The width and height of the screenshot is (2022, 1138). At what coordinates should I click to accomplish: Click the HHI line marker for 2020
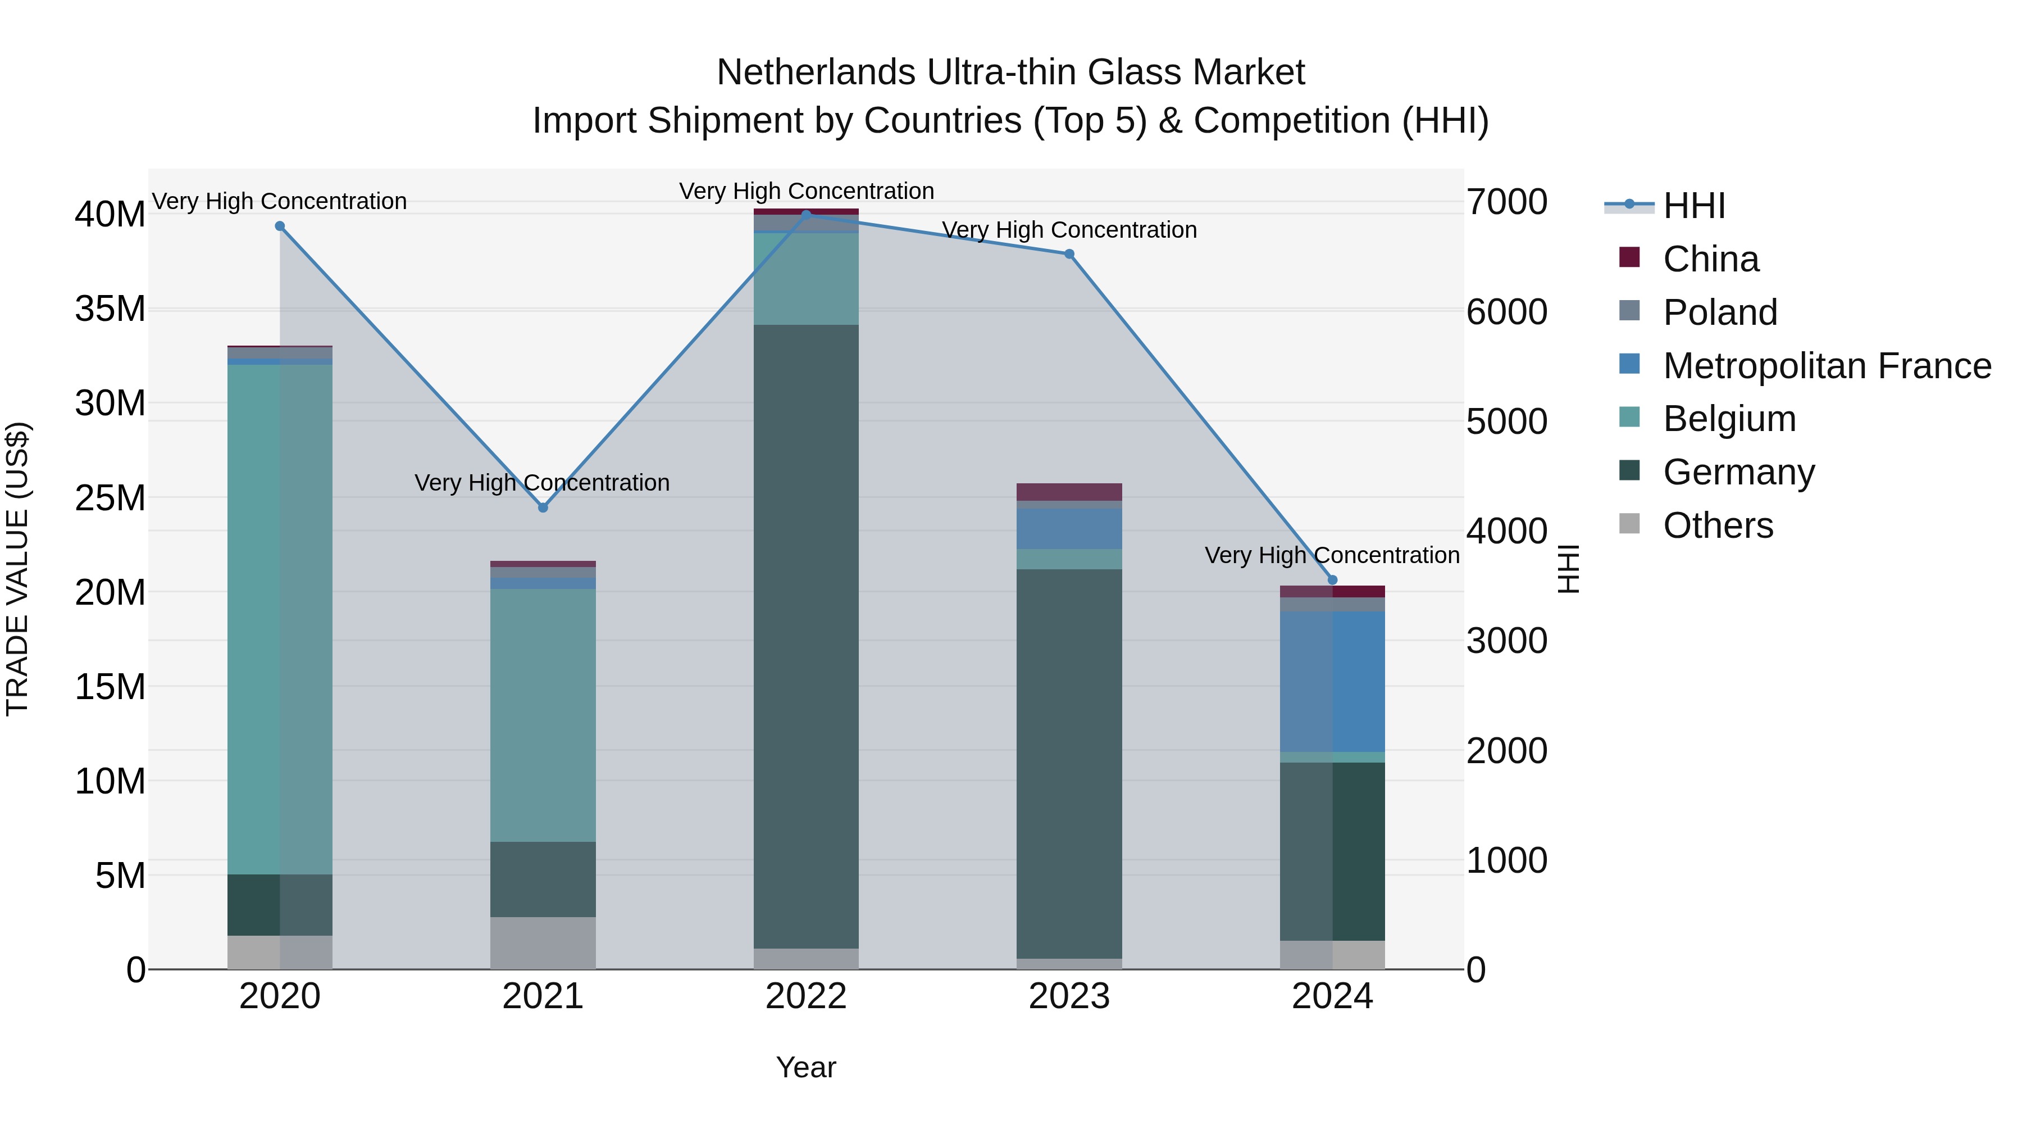pyautogui.click(x=280, y=226)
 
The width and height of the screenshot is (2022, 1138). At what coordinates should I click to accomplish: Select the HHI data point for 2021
pyautogui.click(x=543, y=507)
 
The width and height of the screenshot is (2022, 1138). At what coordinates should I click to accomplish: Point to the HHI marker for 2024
pyautogui.click(x=1332, y=581)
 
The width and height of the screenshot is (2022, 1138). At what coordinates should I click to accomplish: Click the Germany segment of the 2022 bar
pyautogui.click(x=806, y=636)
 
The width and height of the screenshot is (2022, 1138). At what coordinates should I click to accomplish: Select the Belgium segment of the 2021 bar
pyautogui.click(x=543, y=715)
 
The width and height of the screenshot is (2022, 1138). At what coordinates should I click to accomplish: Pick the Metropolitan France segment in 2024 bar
pyautogui.click(x=1332, y=681)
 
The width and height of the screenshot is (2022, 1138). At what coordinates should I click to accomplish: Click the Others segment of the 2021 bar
pyautogui.click(x=543, y=942)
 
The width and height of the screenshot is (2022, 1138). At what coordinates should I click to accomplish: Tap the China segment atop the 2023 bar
pyautogui.click(x=1069, y=492)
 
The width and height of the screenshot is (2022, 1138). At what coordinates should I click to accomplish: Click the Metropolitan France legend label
pyautogui.click(x=1827, y=366)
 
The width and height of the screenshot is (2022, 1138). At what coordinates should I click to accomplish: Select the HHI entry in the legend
pyautogui.click(x=1694, y=206)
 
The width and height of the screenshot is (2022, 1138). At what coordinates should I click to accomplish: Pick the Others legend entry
pyautogui.click(x=1718, y=525)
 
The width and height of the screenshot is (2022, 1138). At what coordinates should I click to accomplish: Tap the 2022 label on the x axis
pyautogui.click(x=806, y=996)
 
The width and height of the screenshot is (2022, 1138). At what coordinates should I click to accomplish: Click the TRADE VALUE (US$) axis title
pyautogui.click(x=17, y=569)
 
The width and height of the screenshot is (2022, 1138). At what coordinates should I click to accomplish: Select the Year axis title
pyautogui.click(x=806, y=1067)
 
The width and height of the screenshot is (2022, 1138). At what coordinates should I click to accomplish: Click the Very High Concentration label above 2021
pyautogui.click(x=541, y=482)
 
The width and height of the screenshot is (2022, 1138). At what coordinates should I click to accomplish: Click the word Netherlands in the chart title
pyautogui.click(x=816, y=72)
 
